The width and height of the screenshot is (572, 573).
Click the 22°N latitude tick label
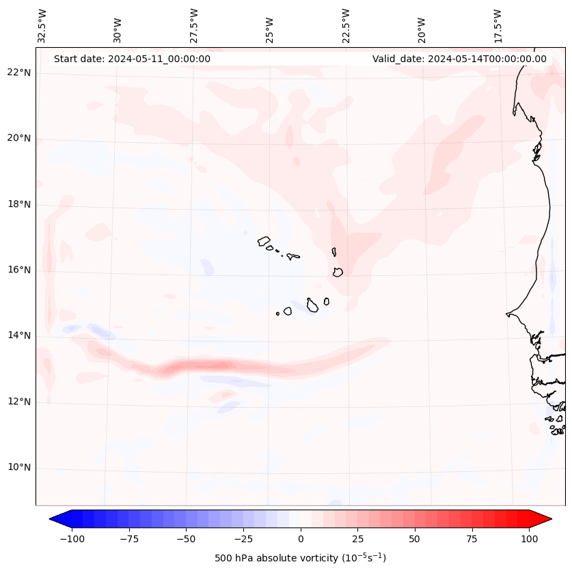tap(18, 73)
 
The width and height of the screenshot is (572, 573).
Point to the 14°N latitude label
tap(18, 336)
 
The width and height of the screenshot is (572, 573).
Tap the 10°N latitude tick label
tap(18, 468)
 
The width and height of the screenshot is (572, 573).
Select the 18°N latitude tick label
tap(18, 204)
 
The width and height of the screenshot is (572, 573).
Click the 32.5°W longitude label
tap(42, 25)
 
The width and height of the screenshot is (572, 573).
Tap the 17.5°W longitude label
tap(498, 25)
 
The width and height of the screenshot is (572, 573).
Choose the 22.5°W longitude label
tap(346, 25)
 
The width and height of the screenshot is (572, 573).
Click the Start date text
tap(132, 59)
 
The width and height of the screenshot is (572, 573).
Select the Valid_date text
tap(459, 59)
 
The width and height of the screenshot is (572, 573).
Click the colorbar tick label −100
tap(72, 539)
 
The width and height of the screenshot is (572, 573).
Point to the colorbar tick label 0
tap(300, 539)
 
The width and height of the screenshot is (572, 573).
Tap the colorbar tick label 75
tap(472, 539)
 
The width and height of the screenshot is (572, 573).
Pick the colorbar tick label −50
tap(186, 539)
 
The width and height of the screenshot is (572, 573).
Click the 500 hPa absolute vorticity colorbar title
tap(300, 559)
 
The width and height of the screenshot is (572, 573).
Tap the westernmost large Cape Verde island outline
tap(264, 241)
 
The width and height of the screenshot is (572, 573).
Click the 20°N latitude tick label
tap(18, 139)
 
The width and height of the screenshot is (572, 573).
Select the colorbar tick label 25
tap(357, 539)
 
